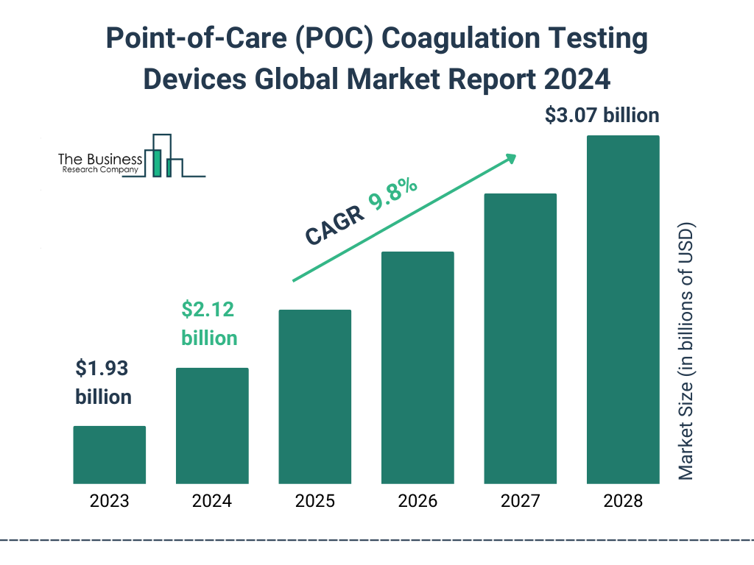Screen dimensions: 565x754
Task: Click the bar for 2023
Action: [109, 455]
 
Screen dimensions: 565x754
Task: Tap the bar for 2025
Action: [314, 397]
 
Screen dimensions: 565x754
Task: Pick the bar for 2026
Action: [417, 368]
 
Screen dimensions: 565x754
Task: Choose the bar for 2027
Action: [520, 338]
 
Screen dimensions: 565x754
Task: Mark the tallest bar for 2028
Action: [623, 309]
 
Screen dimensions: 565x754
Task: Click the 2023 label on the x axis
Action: [109, 502]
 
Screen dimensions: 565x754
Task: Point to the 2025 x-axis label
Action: [314, 502]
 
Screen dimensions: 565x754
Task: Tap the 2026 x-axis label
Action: [417, 502]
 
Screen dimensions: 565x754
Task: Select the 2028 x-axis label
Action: [623, 502]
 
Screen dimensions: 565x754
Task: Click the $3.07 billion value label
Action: [602, 116]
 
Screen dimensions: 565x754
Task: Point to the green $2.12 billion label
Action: [209, 324]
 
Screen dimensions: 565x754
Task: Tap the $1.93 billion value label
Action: [104, 383]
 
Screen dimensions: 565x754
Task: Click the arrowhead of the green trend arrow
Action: [510, 158]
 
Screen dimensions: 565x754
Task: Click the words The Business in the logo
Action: [100, 159]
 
